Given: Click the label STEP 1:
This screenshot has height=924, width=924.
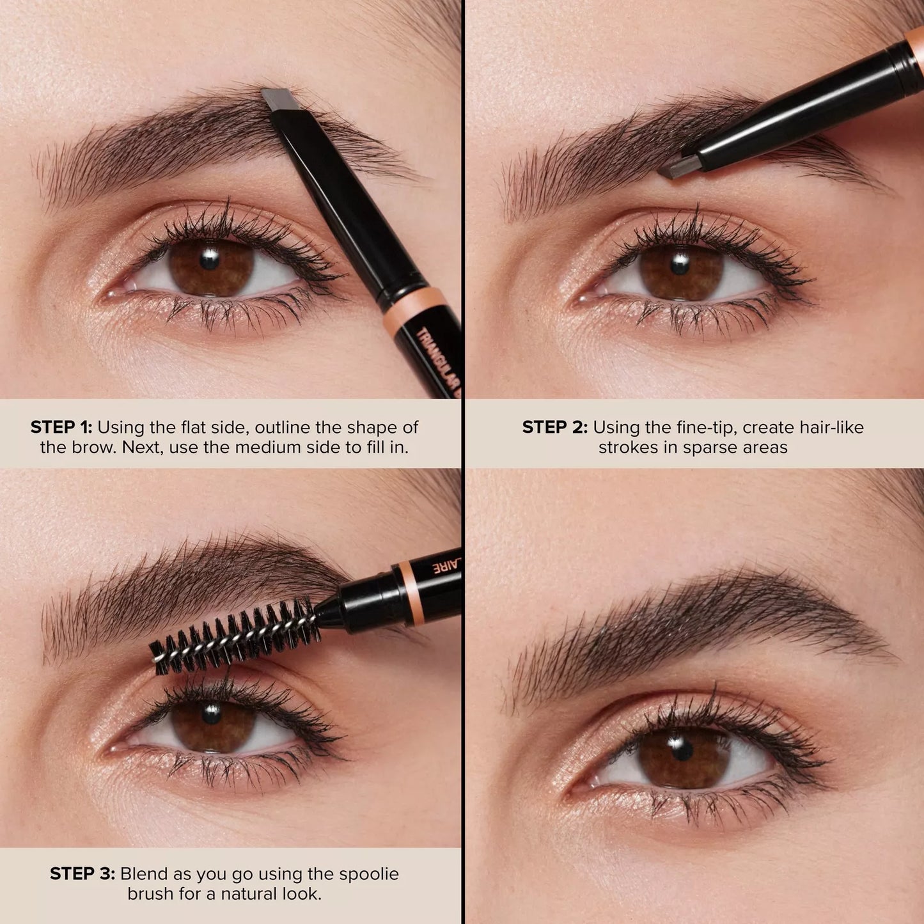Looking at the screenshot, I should click(61, 427).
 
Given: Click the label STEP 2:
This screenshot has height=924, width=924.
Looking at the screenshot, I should click(554, 427).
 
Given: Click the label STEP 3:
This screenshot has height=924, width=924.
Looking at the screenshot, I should click(82, 873).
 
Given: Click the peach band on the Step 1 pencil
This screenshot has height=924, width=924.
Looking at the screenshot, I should click(414, 305).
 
